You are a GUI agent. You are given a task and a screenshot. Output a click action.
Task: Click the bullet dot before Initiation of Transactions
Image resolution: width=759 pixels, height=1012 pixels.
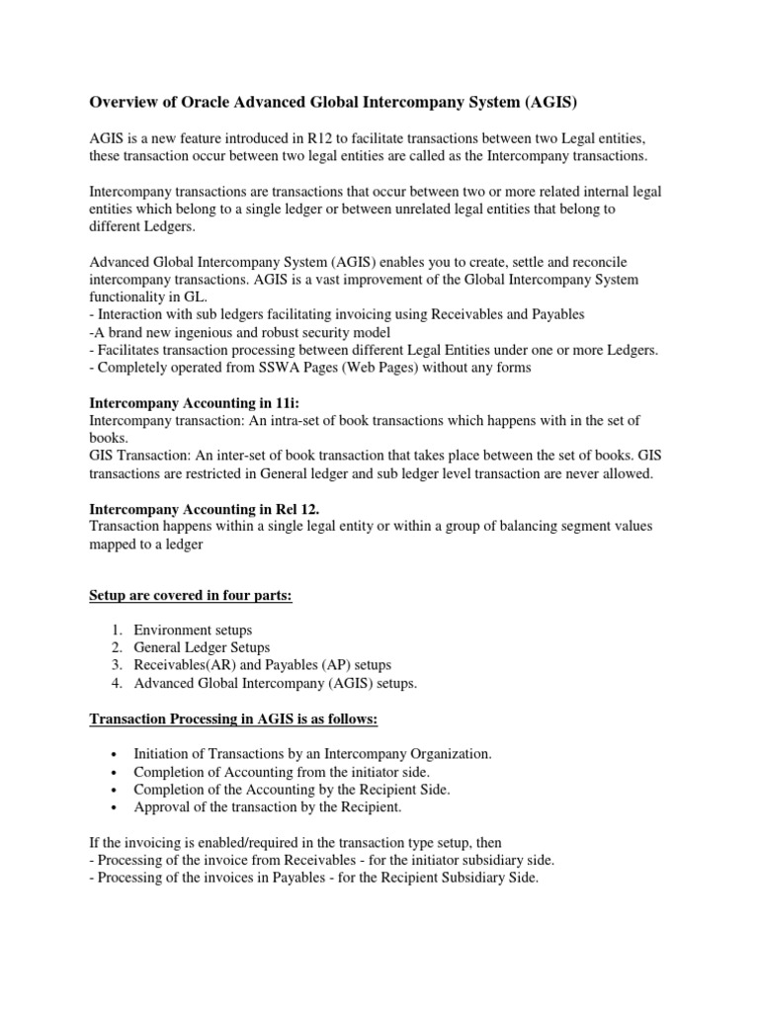tap(117, 754)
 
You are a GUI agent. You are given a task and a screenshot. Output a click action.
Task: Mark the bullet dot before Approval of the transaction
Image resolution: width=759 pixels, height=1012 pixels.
tap(117, 807)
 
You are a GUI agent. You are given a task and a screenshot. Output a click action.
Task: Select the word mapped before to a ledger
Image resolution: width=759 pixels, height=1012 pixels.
tap(114, 544)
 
